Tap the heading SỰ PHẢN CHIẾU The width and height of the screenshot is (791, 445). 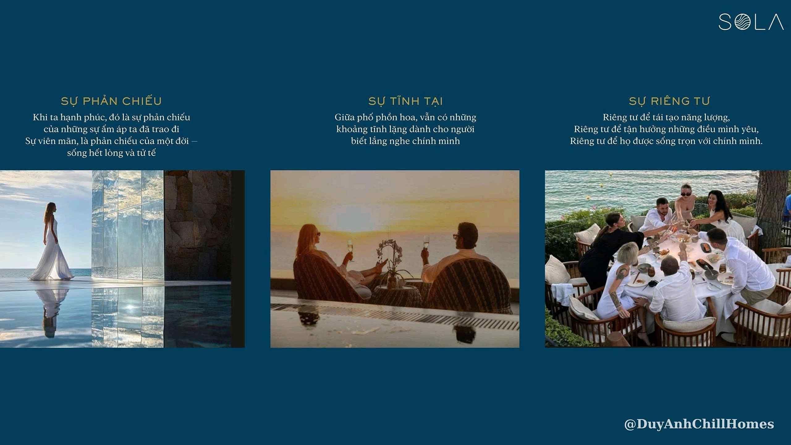(111, 101)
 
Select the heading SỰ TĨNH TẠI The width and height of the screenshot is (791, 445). (405, 101)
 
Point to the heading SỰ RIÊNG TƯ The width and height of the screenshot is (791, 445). (669, 101)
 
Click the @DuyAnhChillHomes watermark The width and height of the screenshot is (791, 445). (699, 424)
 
